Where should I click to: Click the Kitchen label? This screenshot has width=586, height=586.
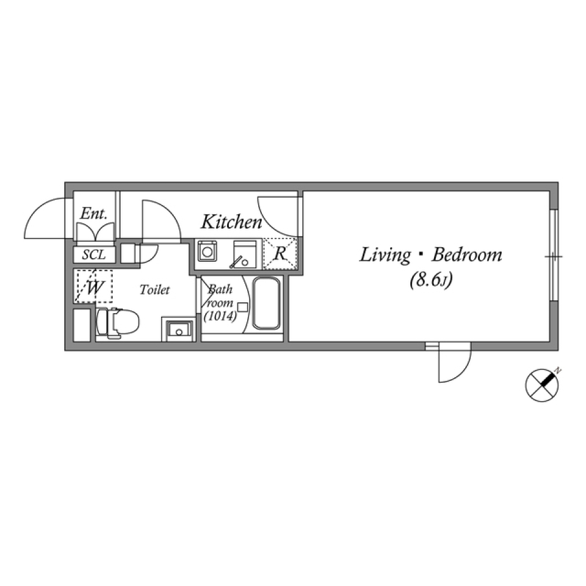coord(231,222)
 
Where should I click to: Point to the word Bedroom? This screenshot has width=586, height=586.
coord(467,255)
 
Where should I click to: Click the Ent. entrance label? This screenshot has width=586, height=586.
coord(94,214)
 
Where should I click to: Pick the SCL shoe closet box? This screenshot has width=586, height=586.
coord(93,254)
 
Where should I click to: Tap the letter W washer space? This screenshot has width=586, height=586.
coord(93,287)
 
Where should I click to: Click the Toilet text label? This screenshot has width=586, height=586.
coord(154,290)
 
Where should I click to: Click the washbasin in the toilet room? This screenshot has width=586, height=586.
coord(179,330)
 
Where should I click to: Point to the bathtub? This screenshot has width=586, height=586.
coord(267,303)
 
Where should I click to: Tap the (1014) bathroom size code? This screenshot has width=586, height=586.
coord(220,316)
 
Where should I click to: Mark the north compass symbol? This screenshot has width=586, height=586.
coord(543,385)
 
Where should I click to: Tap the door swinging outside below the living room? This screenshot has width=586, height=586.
coord(454,364)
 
